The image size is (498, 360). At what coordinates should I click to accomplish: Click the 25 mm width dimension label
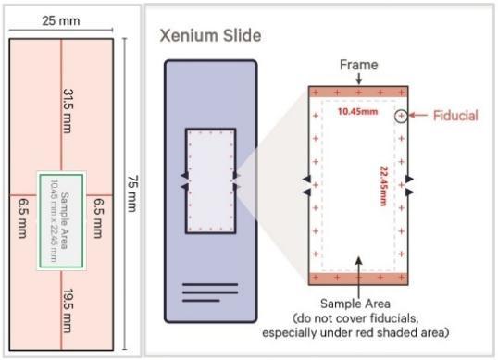[62, 20]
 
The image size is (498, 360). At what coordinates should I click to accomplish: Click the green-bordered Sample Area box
[62, 220]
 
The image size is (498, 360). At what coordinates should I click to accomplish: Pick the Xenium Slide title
[209, 37]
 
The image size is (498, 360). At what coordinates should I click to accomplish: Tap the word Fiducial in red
[455, 117]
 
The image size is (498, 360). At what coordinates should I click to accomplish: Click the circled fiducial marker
[400, 117]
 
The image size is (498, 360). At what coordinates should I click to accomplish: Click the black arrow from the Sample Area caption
[358, 264]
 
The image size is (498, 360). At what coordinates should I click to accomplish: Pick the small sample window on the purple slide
[210, 180]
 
